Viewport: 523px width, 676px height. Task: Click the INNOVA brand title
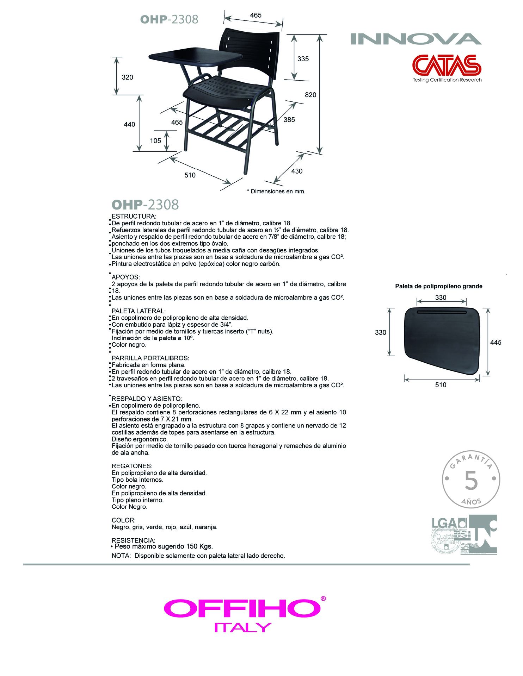(416, 39)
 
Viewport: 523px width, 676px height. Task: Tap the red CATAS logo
(447, 65)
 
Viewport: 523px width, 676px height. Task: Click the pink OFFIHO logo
(242, 608)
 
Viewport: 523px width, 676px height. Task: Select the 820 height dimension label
(310, 95)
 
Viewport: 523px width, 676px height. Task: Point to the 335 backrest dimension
(303, 59)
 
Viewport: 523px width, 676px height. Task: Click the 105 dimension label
(155, 141)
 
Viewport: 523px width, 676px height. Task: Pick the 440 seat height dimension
(129, 124)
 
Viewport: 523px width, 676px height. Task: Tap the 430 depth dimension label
(297, 171)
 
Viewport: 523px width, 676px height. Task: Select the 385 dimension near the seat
(289, 120)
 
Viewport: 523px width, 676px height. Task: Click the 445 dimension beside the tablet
(496, 342)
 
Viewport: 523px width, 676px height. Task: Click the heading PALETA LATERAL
(139, 311)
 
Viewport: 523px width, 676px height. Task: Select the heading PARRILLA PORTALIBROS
(150, 358)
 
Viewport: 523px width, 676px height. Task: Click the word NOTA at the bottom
(121, 556)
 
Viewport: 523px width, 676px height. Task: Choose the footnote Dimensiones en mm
(276, 192)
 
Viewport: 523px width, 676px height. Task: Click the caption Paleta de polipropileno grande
(439, 286)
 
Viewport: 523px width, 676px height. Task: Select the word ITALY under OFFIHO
(243, 627)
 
